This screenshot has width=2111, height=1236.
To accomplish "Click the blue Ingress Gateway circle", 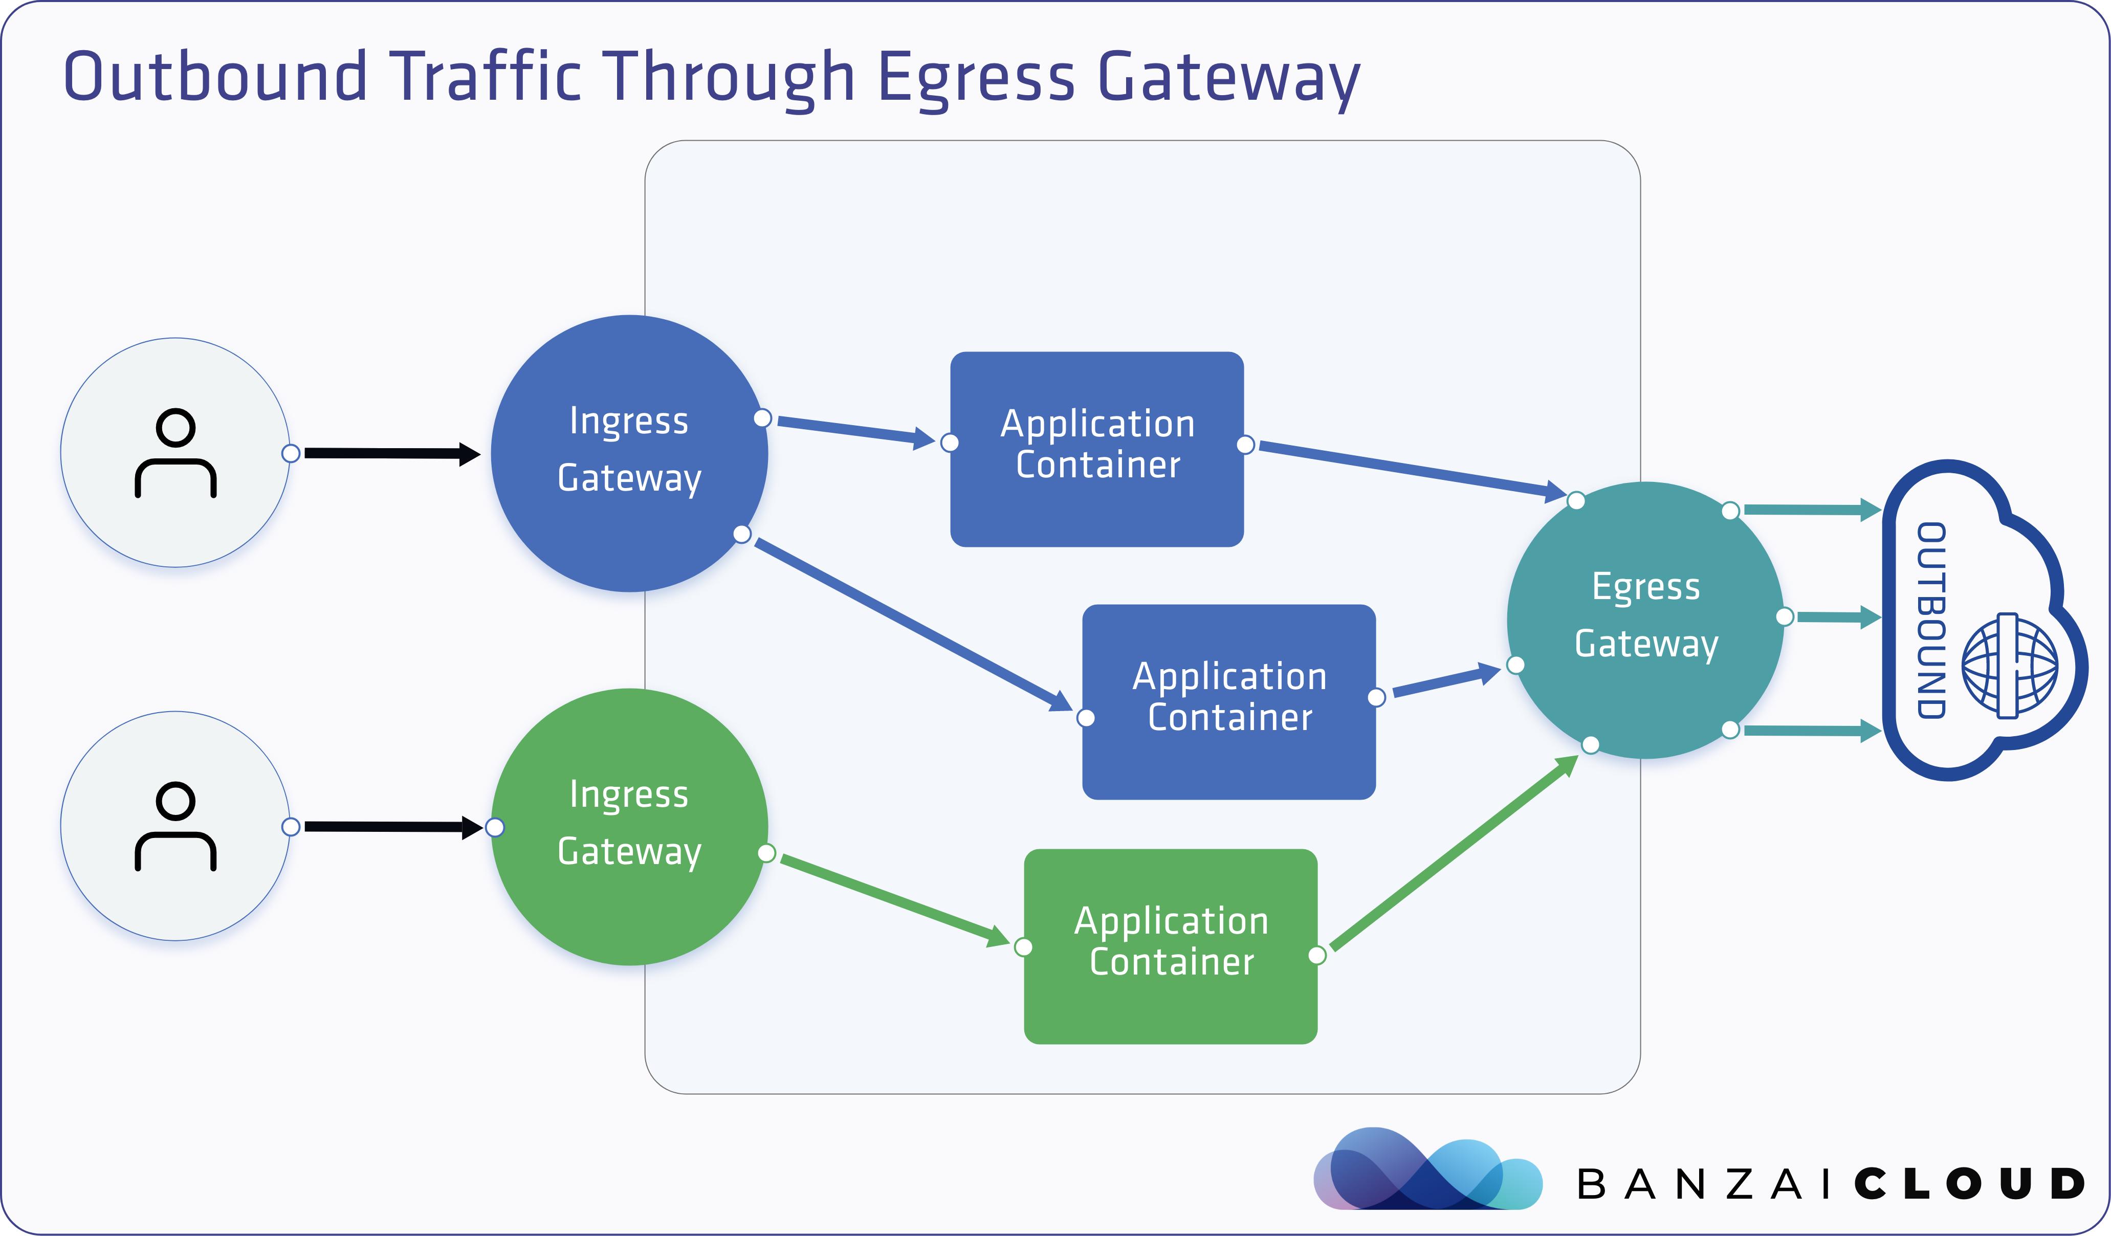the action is pyautogui.click(x=629, y=453).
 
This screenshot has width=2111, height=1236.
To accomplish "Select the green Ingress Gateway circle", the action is pyautogui.click(x=629, y=827).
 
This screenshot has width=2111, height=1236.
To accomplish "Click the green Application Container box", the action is pyautogui.click(x=1170, y=946).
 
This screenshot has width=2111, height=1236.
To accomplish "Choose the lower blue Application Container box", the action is pyautogui.click(x=1229, y=702).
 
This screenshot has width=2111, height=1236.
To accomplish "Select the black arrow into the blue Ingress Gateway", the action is pyautogui.click(x=392, y=454).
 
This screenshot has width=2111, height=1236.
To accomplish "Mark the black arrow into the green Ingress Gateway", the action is pyautogui.click(x=394, y=827).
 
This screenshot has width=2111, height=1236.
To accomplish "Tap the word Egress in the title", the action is pyautogui.click(x=976, y=77).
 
